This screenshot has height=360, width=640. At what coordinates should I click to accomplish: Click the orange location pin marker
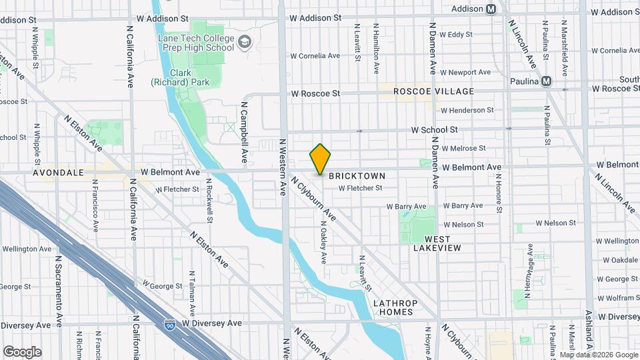tap(321, 159)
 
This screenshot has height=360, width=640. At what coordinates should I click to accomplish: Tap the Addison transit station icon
tap(491, 9)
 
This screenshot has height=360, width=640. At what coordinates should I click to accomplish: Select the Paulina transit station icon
tap(547, 81)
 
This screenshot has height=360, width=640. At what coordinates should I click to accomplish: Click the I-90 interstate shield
tap(170, 325)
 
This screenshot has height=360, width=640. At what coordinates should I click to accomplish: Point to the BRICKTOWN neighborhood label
tap(357, 176)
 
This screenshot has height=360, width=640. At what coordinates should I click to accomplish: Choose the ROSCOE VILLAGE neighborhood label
tap(433, 91)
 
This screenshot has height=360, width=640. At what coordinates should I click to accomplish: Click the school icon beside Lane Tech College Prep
tap(245, 43)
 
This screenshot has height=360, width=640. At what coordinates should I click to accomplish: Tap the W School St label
tap(434, 129)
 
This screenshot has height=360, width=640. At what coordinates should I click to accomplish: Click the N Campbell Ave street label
tap(245, 133)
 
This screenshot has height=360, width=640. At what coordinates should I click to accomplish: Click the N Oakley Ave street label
tap(323, 241)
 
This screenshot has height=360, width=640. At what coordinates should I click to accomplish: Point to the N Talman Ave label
tap(191, 293)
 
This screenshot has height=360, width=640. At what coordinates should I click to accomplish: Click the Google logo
tap(22, 352)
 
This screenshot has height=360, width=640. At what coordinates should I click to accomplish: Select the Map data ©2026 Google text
tap(598, 355)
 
